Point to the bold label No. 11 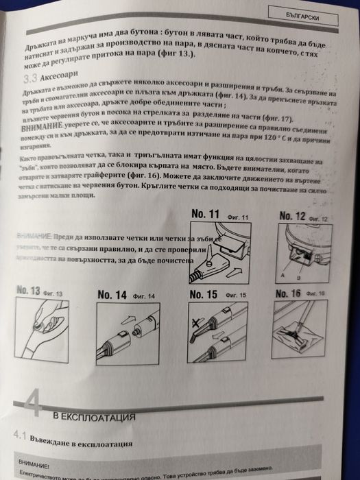click(x=206, y=215)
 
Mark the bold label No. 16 click(x=287, y=293)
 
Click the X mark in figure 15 click(x=197, y=322)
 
